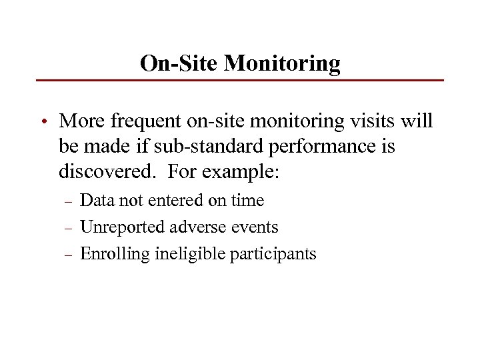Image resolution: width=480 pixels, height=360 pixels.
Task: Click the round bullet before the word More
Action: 43,122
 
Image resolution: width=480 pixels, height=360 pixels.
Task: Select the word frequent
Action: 143,122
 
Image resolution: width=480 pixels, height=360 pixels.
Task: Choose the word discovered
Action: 107,172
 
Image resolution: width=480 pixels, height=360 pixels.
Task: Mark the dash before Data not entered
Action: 67,201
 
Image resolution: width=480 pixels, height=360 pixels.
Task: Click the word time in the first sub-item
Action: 247,201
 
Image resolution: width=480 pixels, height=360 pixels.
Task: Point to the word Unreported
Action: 123,227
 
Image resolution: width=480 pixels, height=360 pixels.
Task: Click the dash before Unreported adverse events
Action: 67,228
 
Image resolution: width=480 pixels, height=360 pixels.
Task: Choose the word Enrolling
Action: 115,254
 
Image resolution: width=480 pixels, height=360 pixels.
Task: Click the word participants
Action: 273,254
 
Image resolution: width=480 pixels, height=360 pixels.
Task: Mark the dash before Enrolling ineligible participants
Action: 67,255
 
